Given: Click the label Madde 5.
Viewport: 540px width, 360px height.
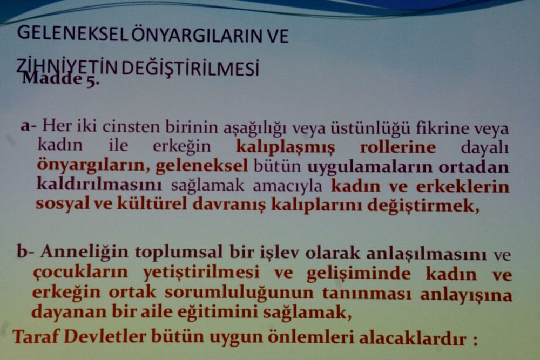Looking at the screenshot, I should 60,79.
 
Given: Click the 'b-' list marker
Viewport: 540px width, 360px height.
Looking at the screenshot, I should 25,252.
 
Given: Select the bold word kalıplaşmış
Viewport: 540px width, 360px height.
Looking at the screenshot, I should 285,147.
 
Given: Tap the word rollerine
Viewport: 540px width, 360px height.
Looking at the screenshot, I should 397,147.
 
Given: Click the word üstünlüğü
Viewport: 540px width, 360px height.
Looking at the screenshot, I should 372,128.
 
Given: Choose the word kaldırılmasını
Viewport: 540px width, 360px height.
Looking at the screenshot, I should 99,185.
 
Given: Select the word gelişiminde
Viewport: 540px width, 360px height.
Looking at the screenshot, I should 359,274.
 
